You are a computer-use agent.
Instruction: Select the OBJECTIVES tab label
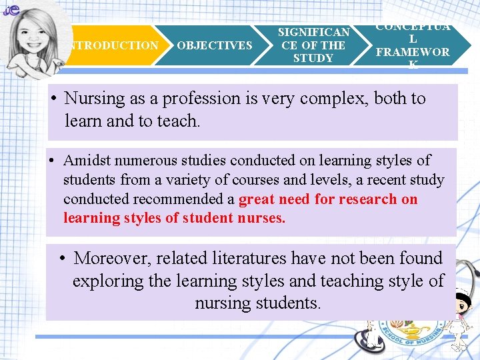(215, 45)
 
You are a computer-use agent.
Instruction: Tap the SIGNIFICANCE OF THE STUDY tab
(313, 45)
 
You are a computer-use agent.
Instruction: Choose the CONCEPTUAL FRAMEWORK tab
(413, 45)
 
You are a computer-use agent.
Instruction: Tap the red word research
(369, 199)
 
